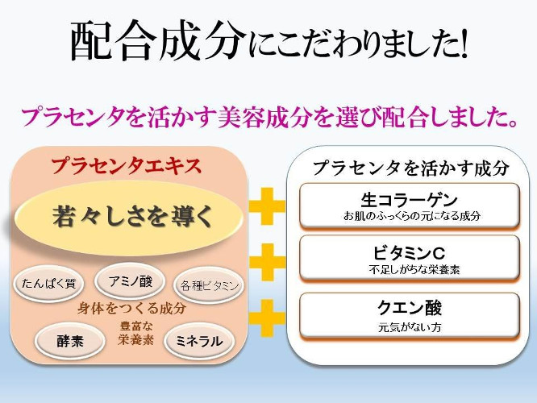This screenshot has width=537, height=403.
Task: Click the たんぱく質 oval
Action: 48,283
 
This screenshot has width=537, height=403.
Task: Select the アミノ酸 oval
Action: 130,280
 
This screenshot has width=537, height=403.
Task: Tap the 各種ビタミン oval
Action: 209,285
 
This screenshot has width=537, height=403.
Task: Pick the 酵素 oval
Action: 70,341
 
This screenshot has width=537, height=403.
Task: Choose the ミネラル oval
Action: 199,341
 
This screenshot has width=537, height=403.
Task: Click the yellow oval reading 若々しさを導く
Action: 129,217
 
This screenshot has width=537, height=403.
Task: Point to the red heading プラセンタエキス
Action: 127,166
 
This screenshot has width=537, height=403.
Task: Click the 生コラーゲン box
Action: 410,206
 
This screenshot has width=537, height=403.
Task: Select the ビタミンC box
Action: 410,259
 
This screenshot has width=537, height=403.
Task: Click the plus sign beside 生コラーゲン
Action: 267,206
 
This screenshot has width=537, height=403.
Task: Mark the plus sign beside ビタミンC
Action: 267,262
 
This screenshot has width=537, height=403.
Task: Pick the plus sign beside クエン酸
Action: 267,318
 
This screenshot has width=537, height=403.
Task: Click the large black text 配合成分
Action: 158,42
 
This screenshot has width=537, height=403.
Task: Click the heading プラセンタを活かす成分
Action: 410,168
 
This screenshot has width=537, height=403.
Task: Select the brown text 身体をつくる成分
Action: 131,308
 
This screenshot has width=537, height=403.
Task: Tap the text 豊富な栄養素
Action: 136,333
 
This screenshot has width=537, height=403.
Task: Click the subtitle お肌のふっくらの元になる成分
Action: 412,216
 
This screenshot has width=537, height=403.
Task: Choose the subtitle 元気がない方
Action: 410,327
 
